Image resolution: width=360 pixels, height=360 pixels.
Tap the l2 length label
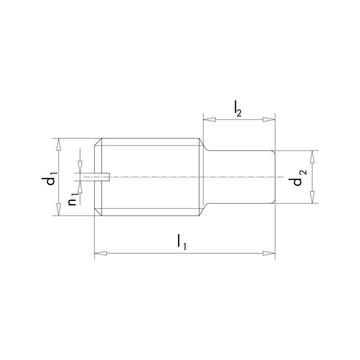pyautogui.click(x=237, y=109)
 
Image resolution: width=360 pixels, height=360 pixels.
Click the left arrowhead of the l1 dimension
pyautogui.click(x=100, y=254)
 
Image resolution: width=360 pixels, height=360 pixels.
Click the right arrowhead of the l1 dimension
pyautogui.click(x=269, y=254)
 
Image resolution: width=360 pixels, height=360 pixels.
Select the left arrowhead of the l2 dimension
pyautogui.click(x=209, y=119)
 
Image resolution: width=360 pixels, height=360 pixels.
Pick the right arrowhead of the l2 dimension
pyautogui.click(x=269, y=119)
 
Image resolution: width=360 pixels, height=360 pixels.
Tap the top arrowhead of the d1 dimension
pyautogui.click(x=58, y=144)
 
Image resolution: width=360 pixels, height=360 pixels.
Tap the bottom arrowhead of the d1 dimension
pyautogui.click(x=58, y=209)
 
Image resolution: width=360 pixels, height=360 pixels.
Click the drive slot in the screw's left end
pyautogui.click(x=102, y=177)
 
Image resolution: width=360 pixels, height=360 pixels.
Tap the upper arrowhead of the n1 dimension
pyautogui.click(x=80, y=167)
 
